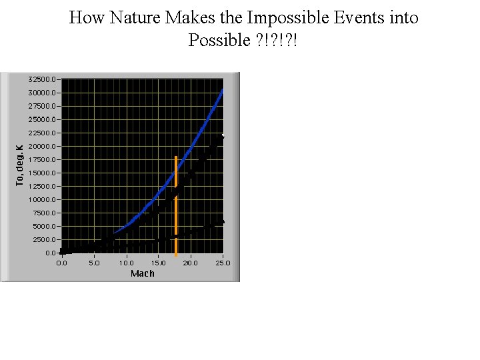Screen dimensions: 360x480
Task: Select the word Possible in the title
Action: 219,40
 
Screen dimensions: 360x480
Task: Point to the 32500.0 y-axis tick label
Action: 43,79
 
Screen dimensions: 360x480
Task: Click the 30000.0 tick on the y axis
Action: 43,93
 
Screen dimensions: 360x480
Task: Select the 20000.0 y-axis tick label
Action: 43,146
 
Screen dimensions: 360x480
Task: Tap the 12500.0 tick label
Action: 43,186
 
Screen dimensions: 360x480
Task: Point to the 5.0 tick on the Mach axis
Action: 94,263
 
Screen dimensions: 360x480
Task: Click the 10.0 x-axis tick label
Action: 126,263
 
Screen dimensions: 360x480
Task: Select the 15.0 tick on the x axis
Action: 159,263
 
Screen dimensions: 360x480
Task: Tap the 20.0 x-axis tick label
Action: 191,263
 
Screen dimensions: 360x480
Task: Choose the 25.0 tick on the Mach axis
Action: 223,263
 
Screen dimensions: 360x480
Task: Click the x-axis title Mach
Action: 142,273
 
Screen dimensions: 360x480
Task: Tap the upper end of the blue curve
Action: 223,90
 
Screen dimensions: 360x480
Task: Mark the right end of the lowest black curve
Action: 222,222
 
